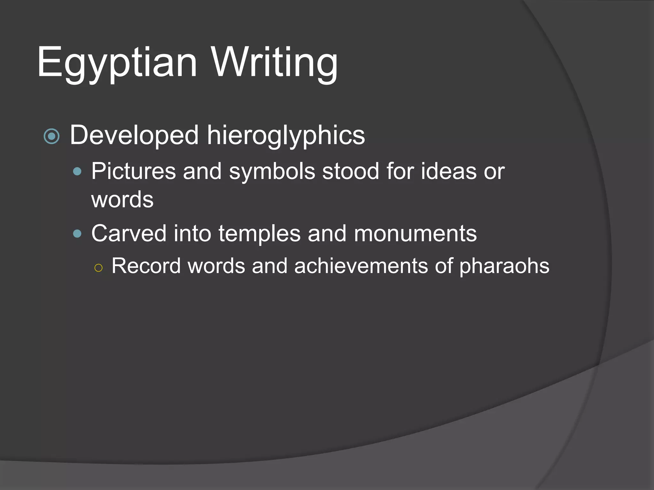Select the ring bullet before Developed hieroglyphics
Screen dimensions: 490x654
pos(51,136)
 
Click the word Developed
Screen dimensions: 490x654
pos(134,135)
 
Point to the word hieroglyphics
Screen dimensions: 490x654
pos(286,135)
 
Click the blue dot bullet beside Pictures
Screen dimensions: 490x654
pos(77,172)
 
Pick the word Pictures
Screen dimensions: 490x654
pos(133,171)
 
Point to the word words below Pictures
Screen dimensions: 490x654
pos(122,200)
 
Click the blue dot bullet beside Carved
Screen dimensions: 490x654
pos(77,234)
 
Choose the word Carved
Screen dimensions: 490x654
pos(129,234)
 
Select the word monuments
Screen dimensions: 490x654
pos(415,234)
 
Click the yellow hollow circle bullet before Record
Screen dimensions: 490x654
pos(99,268)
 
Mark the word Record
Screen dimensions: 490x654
pos(146,266)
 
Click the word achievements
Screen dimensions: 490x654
pos(361,266)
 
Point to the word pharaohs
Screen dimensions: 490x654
pos(504,266)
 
